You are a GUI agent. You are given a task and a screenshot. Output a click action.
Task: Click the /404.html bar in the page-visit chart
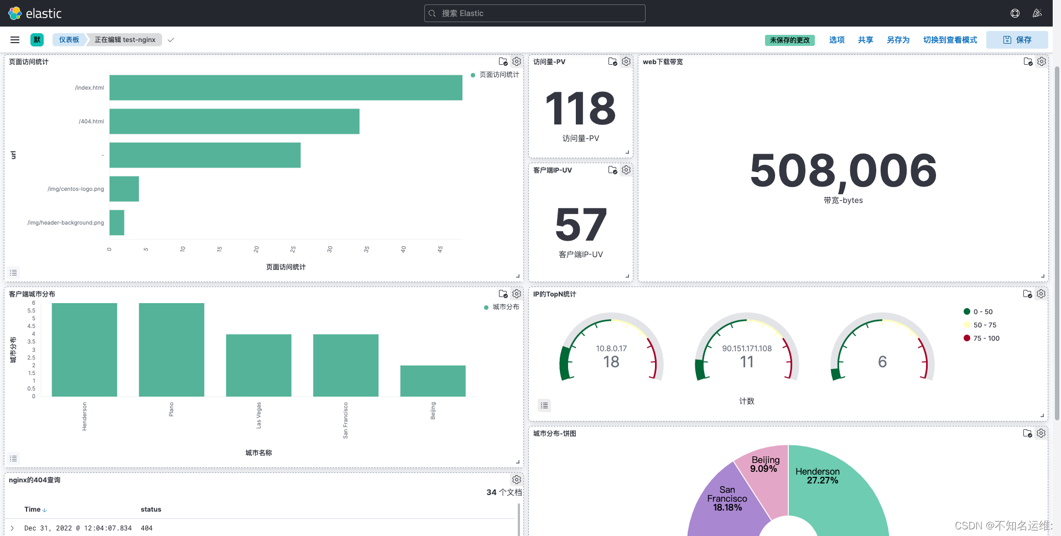(234, 121)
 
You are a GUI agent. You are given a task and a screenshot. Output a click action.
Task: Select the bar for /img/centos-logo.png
(124, 189)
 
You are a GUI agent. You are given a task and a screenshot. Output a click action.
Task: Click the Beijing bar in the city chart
(433, 381)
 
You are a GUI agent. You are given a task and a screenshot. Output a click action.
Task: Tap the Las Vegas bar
(258, 365)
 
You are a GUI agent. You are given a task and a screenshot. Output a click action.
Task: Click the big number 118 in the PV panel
(580, 108)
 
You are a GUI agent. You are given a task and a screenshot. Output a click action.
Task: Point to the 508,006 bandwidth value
(842, 170)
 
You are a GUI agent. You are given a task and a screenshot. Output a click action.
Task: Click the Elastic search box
(534, 13)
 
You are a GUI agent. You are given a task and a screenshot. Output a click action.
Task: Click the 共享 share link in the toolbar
(865, 40)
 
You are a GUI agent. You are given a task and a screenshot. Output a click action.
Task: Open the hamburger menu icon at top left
(15, 40)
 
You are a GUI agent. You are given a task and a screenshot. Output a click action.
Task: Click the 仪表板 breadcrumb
(69, 40)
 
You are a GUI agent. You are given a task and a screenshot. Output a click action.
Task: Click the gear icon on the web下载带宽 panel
(1041, 61)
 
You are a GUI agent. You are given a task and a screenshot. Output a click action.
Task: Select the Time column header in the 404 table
(33, 509)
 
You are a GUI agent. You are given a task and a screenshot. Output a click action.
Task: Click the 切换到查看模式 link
(950, 40)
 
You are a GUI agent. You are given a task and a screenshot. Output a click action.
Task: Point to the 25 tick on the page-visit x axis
(293, 249)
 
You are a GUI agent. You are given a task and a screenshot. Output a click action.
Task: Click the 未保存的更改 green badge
(789, 40)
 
